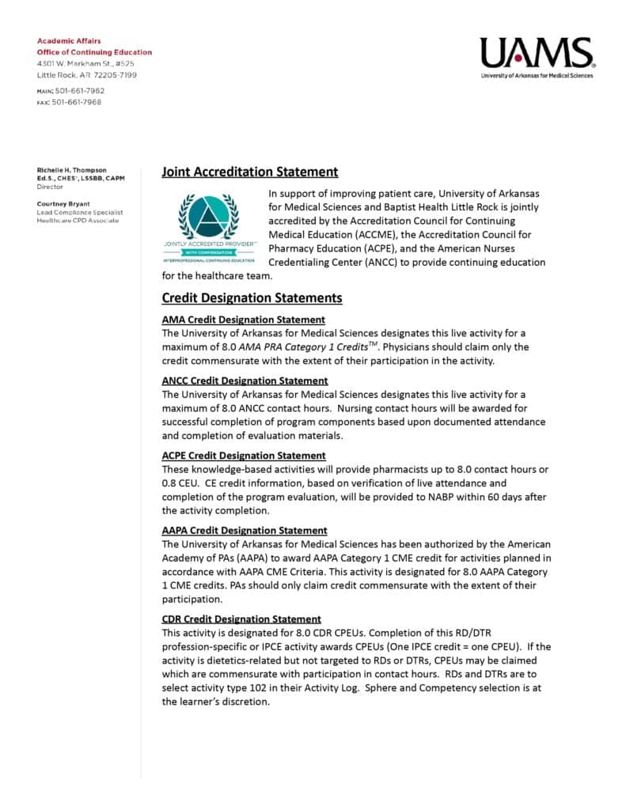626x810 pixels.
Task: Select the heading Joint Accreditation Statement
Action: click(x=249, y=172)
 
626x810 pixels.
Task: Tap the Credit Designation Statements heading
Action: click(x=252, y=298)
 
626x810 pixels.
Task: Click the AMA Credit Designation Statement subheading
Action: click(x=243, y=320)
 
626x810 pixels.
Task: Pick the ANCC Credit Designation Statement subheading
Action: click(x=245, y=380)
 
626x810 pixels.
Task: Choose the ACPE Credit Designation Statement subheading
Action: click(x=244, y=456)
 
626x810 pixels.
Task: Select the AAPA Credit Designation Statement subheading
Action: click(x=244, y=531)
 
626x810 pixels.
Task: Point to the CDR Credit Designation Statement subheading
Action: click(x=241, y=619)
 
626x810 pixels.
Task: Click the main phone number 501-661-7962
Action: click(x=78, y=91)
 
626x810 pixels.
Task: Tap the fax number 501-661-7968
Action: click(x=77, y=102)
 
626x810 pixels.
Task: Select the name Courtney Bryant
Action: click(x=64, y=203)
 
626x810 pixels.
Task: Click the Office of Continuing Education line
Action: click(x=94, y=52)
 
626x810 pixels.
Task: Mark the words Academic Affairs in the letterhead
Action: click(x=69, y=40)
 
